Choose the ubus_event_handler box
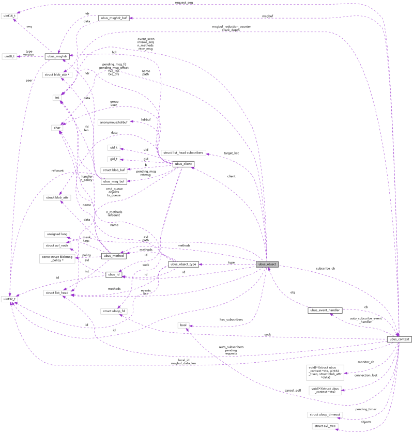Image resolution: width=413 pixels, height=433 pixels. (x=324, y=310)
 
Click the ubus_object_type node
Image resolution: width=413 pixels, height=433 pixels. (x=183, y=264)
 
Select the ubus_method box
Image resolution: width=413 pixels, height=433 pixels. (x=114, y=256)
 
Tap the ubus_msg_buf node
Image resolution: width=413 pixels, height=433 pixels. (x=114, y=181)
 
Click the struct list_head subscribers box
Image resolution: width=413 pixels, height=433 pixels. (x=183, y=153)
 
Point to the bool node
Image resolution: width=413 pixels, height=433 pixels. (x=182, y=325)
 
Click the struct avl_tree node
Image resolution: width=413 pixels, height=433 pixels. (x=324, y=426)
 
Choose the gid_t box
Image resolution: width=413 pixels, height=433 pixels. (x=113, y=159)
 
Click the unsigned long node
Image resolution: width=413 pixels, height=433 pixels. (x=57, y=234)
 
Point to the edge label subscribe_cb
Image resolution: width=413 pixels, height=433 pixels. (x=326, y=269)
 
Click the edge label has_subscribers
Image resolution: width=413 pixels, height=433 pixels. (x=231, y=319)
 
